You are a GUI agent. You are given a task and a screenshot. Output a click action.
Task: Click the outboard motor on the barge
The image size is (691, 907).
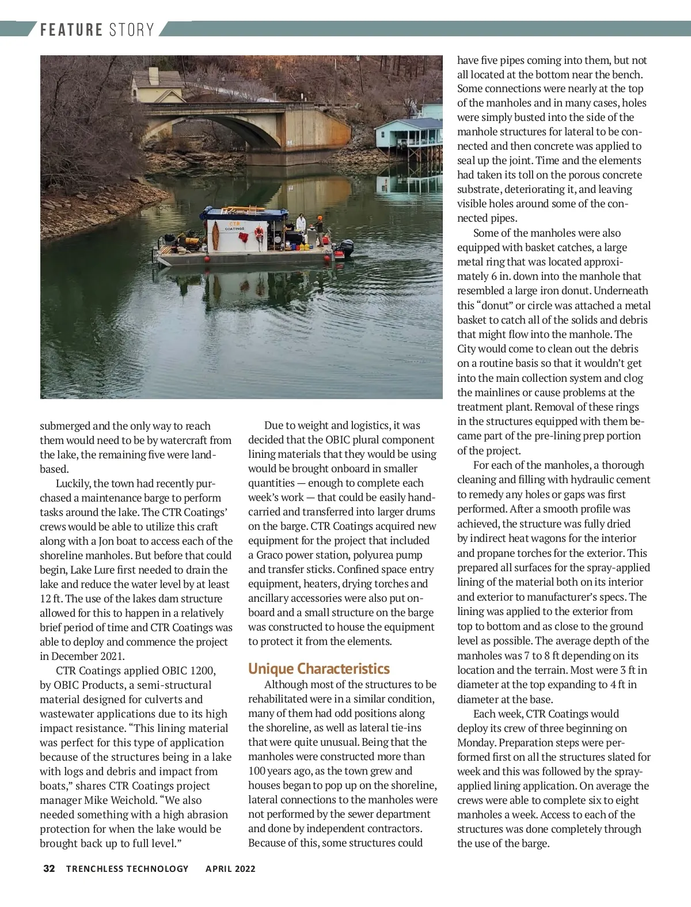[346, 248]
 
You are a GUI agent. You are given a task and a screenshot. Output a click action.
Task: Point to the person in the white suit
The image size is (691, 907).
[301, 225]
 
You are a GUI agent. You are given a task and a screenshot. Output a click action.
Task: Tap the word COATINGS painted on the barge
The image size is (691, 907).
[234, 229]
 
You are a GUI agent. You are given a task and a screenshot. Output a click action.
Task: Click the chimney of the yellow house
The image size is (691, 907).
[153, 75]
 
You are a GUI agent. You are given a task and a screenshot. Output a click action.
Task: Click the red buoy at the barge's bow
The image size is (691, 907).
[327, 259]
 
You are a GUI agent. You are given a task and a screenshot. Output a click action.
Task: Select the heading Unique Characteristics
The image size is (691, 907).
[318, 669]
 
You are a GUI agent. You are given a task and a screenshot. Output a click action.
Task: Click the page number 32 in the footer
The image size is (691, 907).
[49, 868]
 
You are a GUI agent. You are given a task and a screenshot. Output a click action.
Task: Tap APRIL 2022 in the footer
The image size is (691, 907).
[230, 868]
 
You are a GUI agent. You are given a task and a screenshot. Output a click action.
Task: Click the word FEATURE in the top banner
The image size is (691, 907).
[71, 30]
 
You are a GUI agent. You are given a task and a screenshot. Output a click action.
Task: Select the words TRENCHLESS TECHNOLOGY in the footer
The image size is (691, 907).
[127, 868]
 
